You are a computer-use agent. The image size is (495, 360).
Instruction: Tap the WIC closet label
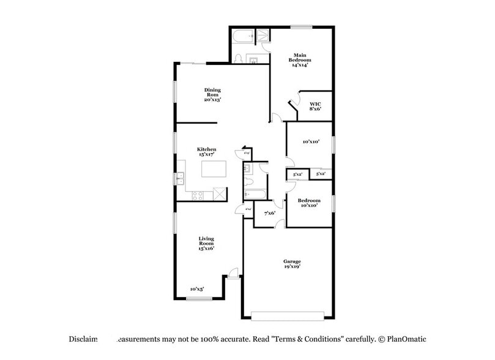click(315, 104)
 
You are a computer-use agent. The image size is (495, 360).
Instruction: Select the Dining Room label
click(212, 91)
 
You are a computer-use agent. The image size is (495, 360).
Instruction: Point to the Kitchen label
click(206, 149)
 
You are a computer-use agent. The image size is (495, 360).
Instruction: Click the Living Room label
click(206, 239)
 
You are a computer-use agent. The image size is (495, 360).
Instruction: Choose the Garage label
click(292, 261)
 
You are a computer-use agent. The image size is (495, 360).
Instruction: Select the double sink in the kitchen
click(181, 179)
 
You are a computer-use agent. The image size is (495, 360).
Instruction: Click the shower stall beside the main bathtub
click(263, 36)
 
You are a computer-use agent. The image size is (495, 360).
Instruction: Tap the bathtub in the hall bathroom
click(254, 195)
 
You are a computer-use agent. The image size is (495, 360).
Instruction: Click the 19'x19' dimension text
click(292, 268)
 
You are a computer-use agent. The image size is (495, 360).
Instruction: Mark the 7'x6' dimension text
click(269, 213)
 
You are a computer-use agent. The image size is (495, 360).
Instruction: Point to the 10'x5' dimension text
click(196, 288)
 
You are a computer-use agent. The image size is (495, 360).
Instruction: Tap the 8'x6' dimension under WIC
click(315, 109)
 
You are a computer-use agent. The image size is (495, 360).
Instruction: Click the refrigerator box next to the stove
click(218, 195)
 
